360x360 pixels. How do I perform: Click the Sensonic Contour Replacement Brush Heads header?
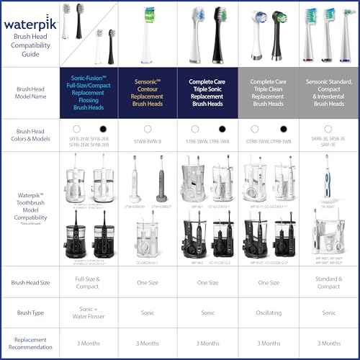coord(148,93)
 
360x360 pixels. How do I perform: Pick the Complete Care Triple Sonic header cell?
coord(207,93)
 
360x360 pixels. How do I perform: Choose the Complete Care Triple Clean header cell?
coord(268,93)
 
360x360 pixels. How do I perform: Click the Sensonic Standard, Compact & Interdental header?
coord(328,93)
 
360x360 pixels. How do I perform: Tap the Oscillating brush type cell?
coord(268,315)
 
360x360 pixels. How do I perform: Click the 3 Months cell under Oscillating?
coord(268,343)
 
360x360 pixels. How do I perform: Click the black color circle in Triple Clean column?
coord(283,128)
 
